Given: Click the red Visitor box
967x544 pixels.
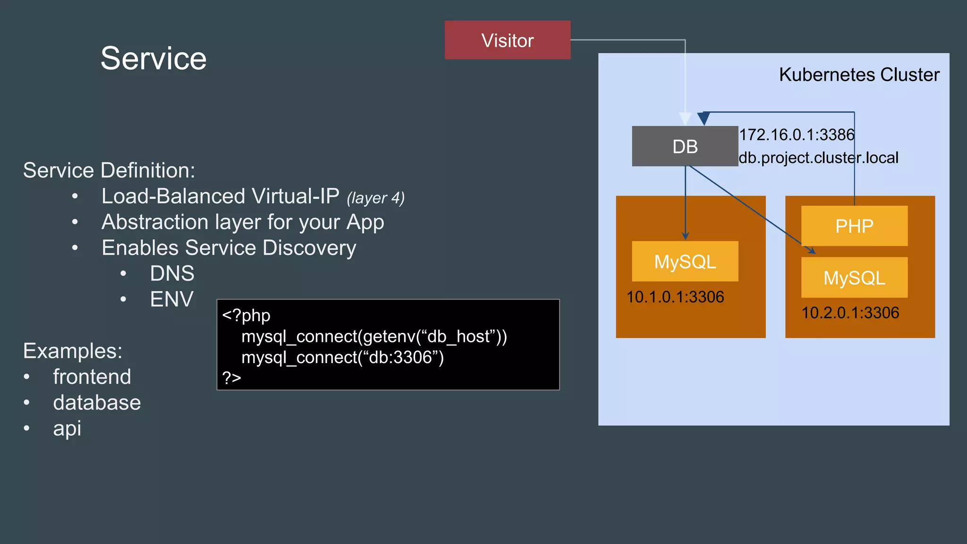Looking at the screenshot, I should pos(507,40).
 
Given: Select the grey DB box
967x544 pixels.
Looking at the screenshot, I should pos(685,146).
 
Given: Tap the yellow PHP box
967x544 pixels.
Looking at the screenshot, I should pos(854,226).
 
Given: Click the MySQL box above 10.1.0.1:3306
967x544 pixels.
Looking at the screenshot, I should pos(685,261).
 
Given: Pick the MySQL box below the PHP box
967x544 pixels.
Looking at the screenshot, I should pos(854,278).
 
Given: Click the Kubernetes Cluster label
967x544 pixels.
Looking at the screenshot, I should pos(859,75).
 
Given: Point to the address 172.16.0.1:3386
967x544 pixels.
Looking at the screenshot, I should pos(797,135).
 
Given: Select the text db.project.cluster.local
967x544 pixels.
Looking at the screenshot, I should pos(818,158).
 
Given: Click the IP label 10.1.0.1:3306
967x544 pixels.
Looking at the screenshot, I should pos(675,297).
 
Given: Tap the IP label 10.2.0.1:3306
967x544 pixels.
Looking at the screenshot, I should pos(850,313).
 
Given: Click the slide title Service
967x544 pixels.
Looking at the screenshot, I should pos(153,58).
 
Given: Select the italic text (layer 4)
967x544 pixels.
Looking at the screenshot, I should pos(375,198).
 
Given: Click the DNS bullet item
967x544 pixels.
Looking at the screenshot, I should pos(172,273).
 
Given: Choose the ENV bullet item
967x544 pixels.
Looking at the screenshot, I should pos(171,299).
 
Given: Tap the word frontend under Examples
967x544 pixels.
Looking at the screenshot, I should pos(92,377).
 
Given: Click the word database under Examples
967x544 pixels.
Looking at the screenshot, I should pos(97,403).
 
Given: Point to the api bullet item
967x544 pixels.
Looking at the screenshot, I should pos(67,428).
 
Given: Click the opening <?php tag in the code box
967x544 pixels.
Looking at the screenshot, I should pos(246,315).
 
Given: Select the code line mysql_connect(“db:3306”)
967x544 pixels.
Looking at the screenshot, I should pos(342,357).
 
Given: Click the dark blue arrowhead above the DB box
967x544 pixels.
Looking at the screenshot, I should pos(704,118).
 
